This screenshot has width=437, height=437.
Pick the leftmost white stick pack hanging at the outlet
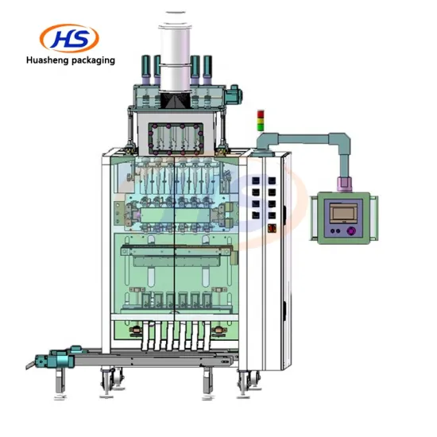tap(145, 334)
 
